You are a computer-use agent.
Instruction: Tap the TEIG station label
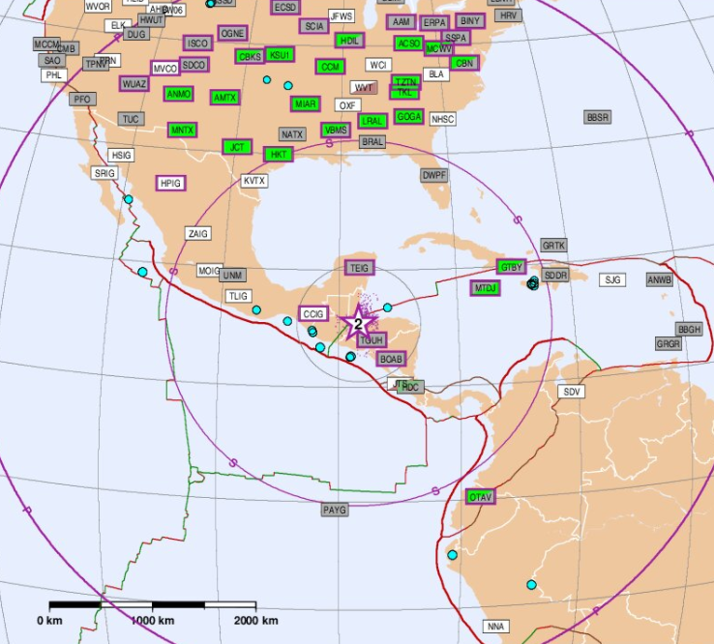click(359, 268)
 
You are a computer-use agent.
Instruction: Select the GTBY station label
click(511, 266)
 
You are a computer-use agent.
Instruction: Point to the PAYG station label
click(335, 510)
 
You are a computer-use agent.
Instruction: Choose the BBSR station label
click(598, 117)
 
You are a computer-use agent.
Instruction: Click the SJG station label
click(612, 279)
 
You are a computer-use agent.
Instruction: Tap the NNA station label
click(496, 627)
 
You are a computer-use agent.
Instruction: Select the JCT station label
click(237, 147)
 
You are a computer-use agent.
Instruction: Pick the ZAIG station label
click(198, 234)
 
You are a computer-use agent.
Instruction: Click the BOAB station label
click(391, 359)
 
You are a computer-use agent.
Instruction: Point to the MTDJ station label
click(486, 288)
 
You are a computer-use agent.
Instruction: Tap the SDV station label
click(572, 392)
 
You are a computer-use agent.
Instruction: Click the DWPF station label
click(434, 175)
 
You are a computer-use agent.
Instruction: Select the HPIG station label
click(171, 183)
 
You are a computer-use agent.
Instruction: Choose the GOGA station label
click(408, 117)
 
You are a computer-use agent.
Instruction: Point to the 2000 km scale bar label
click(255, 620)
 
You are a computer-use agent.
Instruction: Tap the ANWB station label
click(660, 280)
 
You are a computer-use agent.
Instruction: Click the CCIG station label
click(313, 313)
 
